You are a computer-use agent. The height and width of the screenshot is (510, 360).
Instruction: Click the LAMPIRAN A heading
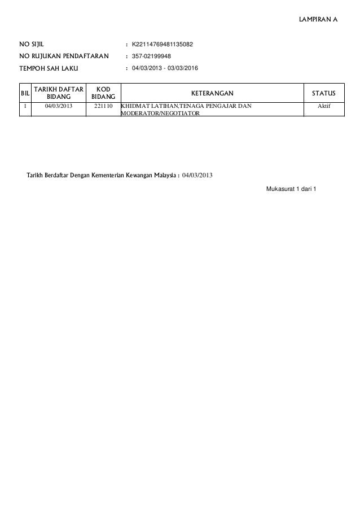point(318,20)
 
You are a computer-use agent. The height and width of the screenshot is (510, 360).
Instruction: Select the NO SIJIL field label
point(32,43)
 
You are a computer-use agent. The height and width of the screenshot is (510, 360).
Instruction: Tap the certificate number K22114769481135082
point(163,43)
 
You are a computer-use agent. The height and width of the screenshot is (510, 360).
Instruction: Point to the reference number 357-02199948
point(152,56)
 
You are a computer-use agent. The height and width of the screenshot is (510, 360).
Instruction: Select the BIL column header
point(25,92)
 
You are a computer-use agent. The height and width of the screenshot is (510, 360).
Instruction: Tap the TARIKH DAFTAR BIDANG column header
point(59,92)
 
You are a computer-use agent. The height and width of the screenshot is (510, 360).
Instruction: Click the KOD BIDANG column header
point(103,92)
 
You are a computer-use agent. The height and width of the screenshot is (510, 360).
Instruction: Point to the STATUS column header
point(323,92)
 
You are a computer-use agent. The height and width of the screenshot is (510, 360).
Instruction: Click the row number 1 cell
point(25,106)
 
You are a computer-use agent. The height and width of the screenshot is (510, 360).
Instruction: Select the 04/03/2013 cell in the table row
point(59,106)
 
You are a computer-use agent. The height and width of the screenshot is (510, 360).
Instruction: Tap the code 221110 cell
point(103,106)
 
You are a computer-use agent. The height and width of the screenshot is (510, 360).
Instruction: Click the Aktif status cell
point(323,106)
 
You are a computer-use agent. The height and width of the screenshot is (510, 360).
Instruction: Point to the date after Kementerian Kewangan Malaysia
point(197,175)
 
